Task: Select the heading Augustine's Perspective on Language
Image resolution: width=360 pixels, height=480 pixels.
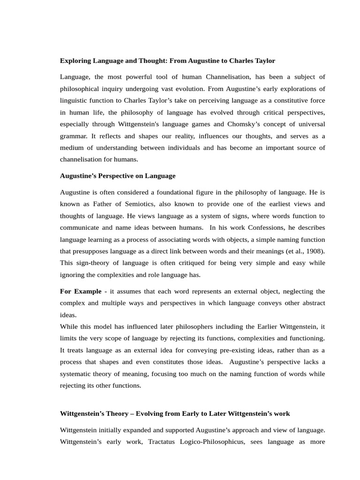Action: pos(118,176)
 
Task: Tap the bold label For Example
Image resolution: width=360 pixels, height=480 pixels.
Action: pos(81,291)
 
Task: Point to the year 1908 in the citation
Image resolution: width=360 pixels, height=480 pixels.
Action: pos(314,251)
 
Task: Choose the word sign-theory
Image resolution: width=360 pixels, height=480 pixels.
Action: pos(93,263)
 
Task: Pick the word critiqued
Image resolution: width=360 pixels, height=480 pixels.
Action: pos(179,263)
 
